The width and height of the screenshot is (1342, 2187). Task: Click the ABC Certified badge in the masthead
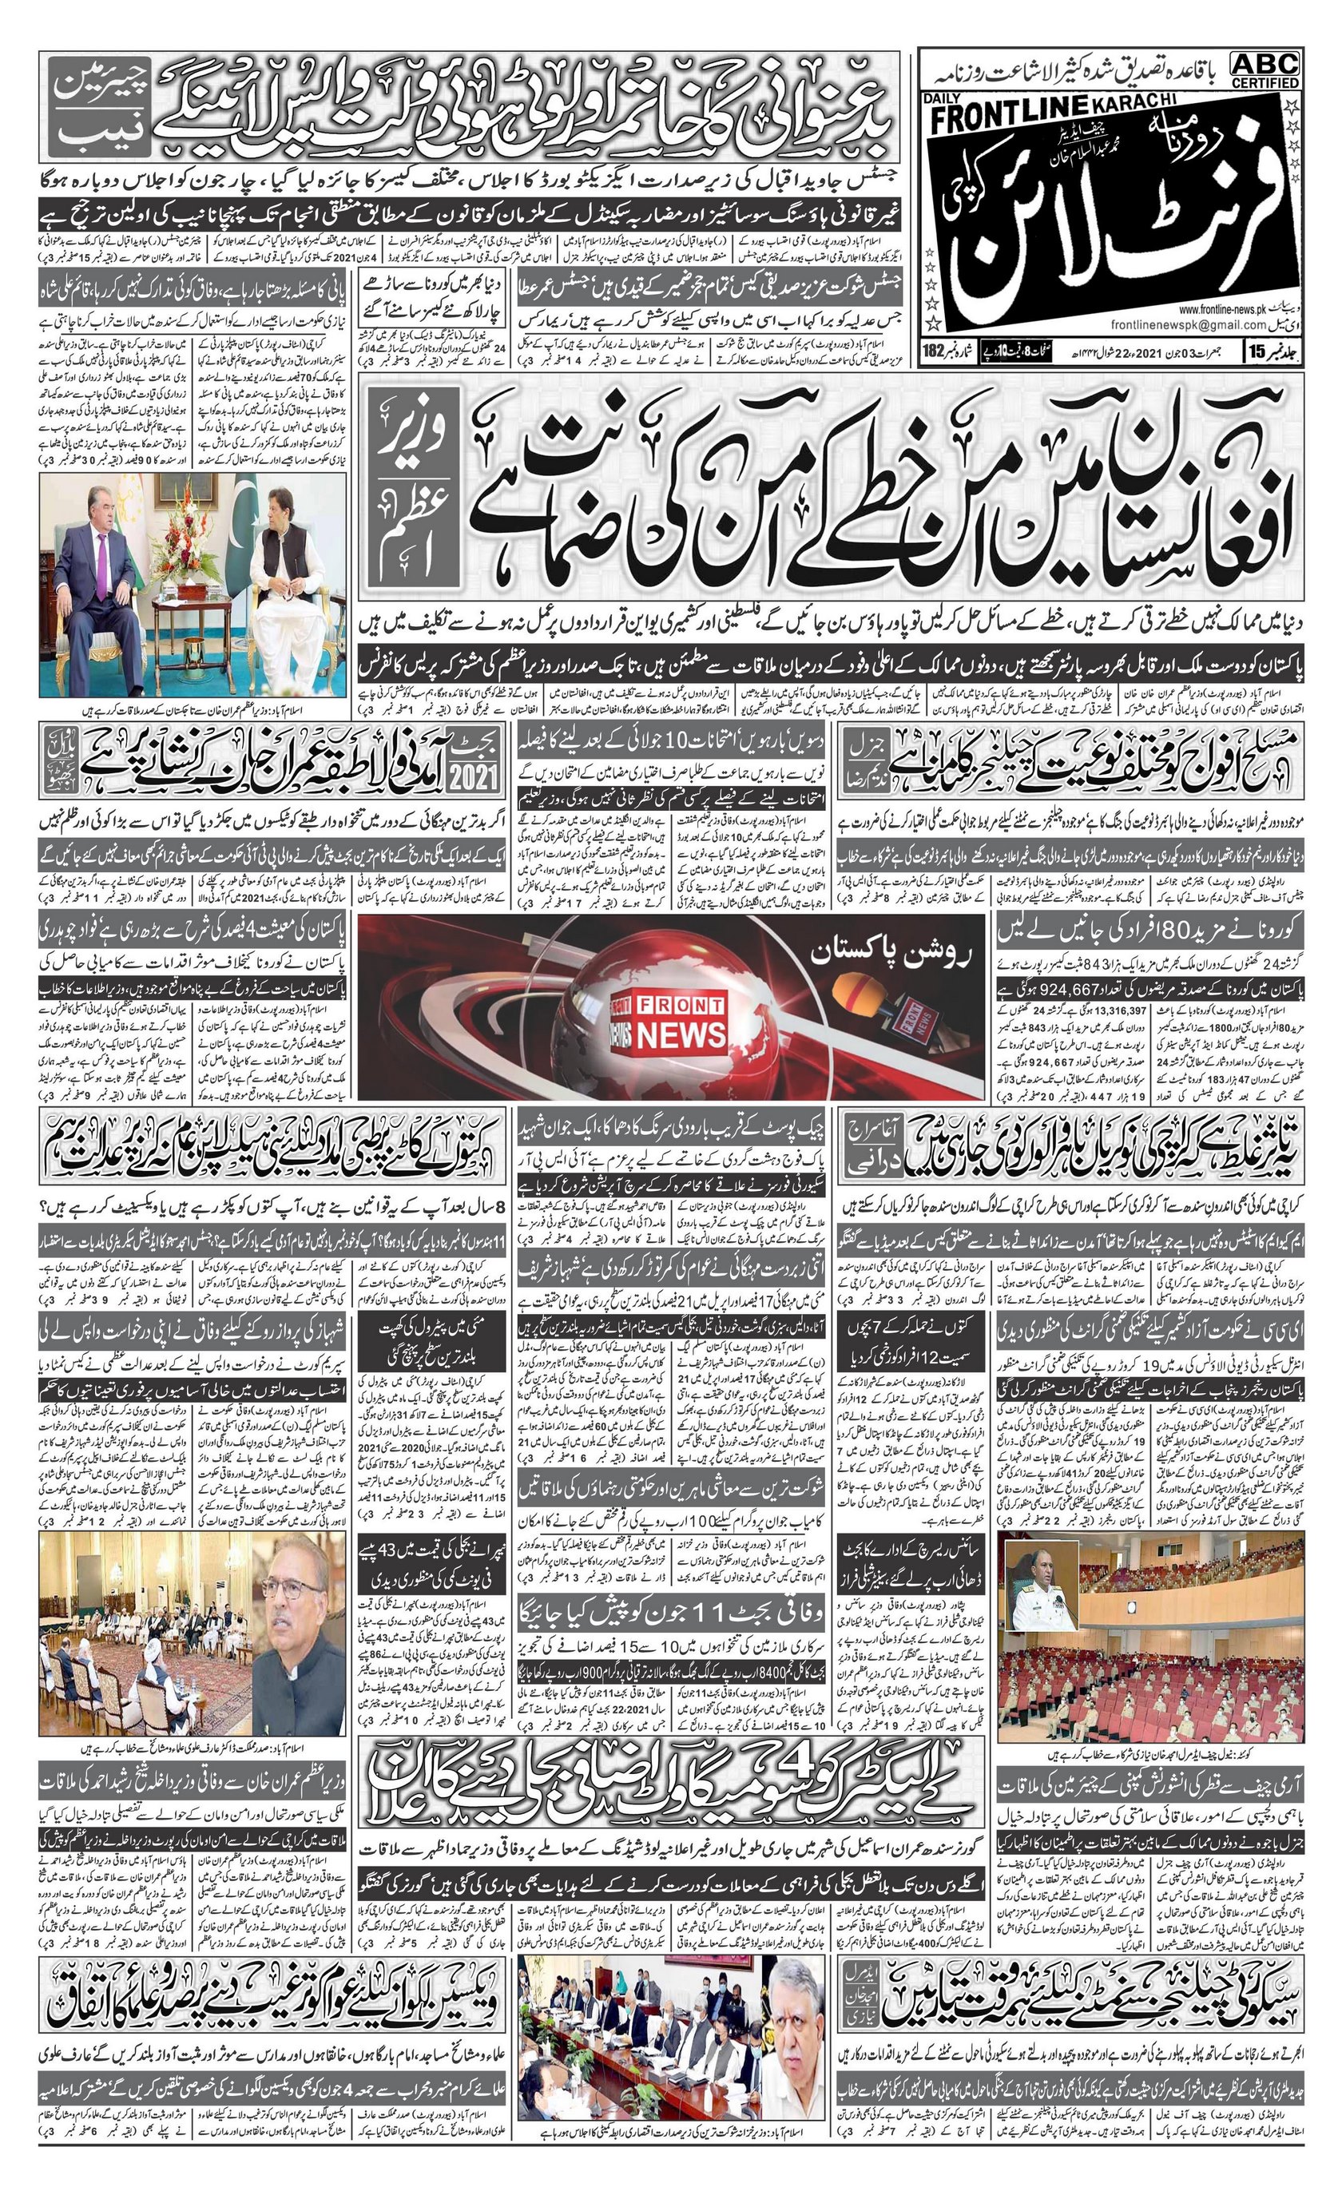click(1265, 69)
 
